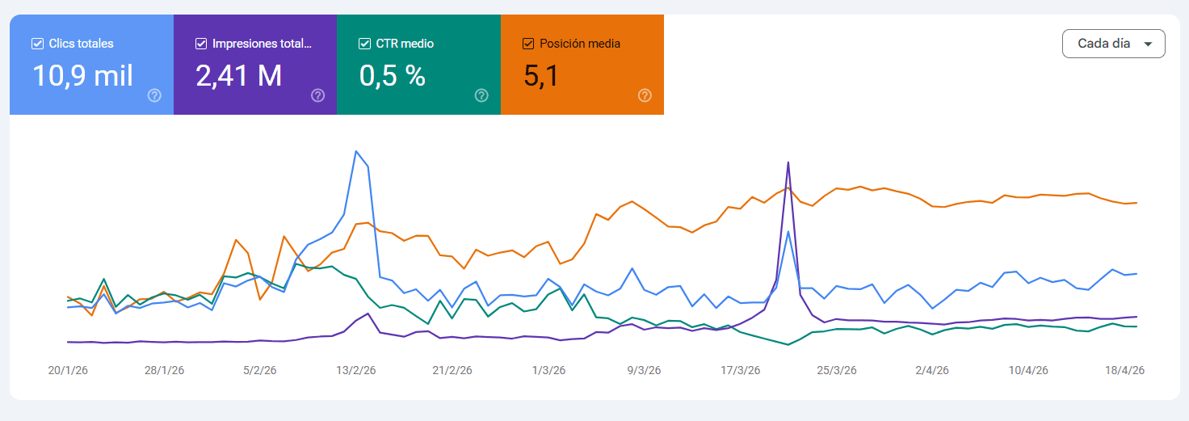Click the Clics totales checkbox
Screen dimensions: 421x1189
click(x=37, y=44)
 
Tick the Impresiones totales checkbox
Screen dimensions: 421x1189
click(x=201, y=44)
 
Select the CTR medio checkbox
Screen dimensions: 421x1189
click(x=364, y=44)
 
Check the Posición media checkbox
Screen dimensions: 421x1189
click(x=528, y=44)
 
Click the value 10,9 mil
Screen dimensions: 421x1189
click(x=82, y=76)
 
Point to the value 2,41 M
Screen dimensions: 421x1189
click(x=238, y=76)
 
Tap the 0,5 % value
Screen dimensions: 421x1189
click(x=392, y=76)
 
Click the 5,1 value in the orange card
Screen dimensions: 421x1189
click(x=541, y=76)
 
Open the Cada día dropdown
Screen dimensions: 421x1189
click(x=1113, y=44)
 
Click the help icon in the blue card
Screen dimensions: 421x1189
click(x=155, y=95)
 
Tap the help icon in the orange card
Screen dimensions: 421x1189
click(x=645, y=95)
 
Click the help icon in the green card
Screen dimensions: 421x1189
click(x=481, y=95)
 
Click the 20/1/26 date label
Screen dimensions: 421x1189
click(x=68, y=371)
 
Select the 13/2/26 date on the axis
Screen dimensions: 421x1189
click(x=356, y=371)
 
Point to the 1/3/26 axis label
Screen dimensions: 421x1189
click(x=548, y=371)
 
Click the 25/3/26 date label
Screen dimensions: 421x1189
click(x=836, y=371)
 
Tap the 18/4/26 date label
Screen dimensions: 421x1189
click(x=1124, y=371)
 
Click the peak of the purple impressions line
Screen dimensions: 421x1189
click(x=788, y=162)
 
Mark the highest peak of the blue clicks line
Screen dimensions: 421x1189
click(x=356, y=151)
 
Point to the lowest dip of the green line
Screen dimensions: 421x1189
click(x=788, y=345)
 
